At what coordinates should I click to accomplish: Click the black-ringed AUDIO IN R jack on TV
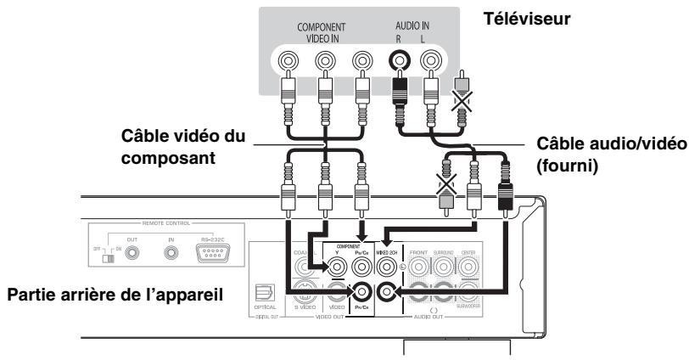coord(398,62)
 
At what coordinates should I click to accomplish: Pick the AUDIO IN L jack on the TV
coord(430,62)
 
